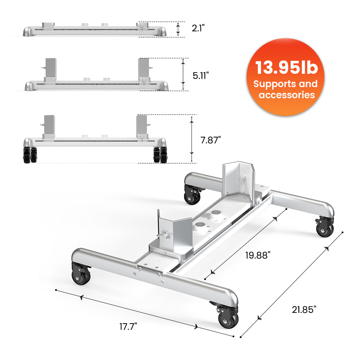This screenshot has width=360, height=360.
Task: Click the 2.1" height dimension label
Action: point(198,28)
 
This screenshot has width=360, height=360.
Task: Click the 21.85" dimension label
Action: point(304,309)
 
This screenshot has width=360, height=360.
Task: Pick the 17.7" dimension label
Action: point(128,327)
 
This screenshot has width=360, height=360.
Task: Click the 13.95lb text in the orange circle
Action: point(287,68)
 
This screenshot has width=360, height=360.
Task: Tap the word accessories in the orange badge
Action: point(287,95)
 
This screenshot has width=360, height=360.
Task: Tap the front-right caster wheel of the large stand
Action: point(228,317)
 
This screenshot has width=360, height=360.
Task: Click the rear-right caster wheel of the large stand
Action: point(325,228)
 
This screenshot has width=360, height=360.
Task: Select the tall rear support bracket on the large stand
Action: point(238,180)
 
